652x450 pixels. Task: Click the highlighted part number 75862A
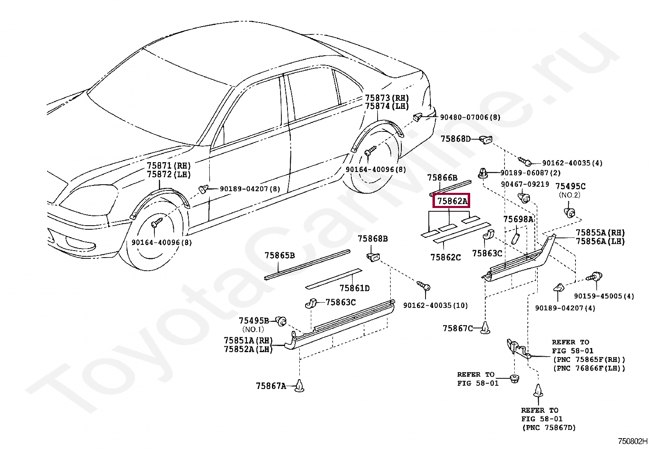coord(452,201)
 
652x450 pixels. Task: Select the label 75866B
coord(442,177)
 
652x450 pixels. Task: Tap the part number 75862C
coord(445,257)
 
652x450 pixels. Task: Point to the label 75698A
coord(518,219)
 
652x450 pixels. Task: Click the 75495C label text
coord(570,186)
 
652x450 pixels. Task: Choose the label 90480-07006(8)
coord(470,118)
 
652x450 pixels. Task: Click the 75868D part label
coord(456,139)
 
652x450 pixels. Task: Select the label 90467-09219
coord(525,184)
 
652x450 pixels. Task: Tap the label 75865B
coord(280,256)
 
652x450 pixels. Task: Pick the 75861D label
coord(354,288)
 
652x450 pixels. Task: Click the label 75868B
coord(373,239)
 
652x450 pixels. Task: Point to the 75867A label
coord(271,386)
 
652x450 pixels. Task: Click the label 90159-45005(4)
coord(604,296)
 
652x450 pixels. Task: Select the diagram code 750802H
coord(633,442)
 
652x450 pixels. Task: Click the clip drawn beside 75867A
coord(300,385)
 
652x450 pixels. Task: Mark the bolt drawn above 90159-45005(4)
coord(593,277)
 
